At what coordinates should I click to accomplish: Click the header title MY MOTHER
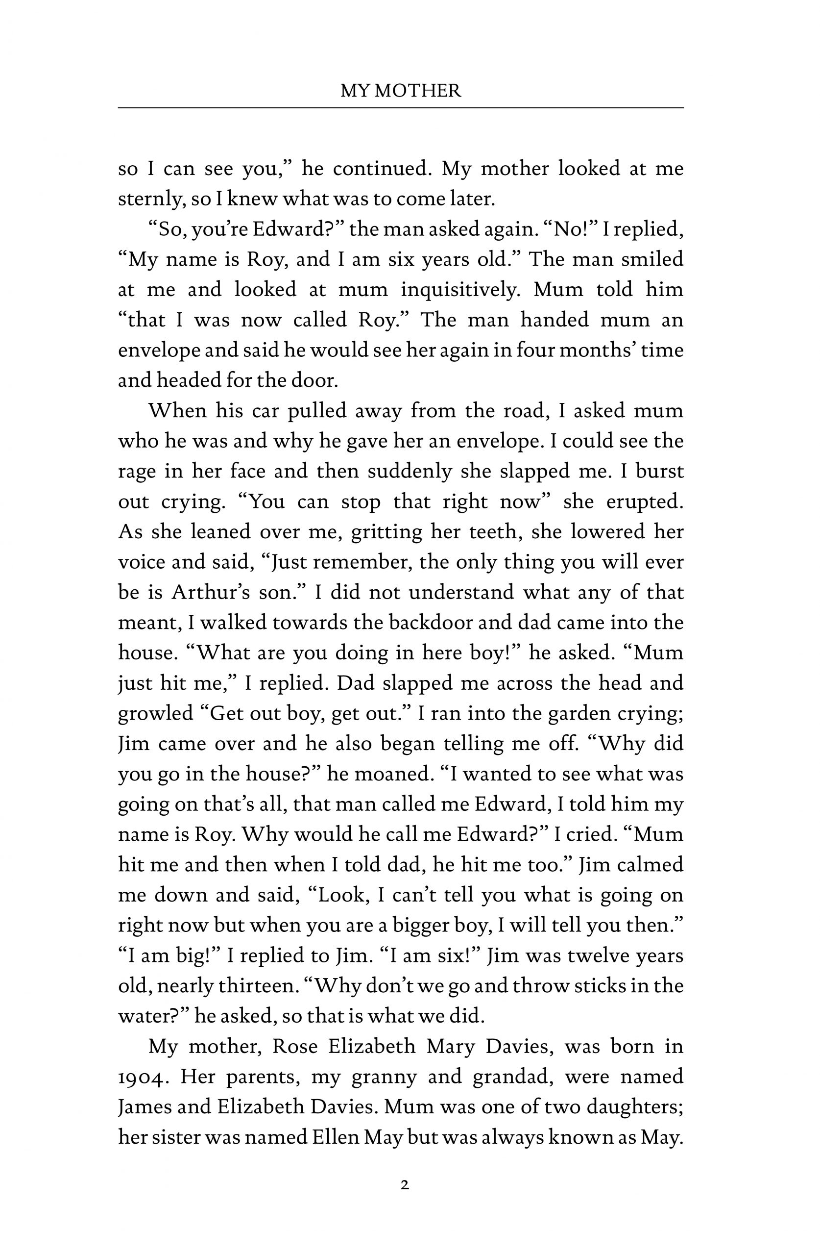tap(401, 91)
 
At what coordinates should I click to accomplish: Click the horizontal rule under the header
tap(401, 108)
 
